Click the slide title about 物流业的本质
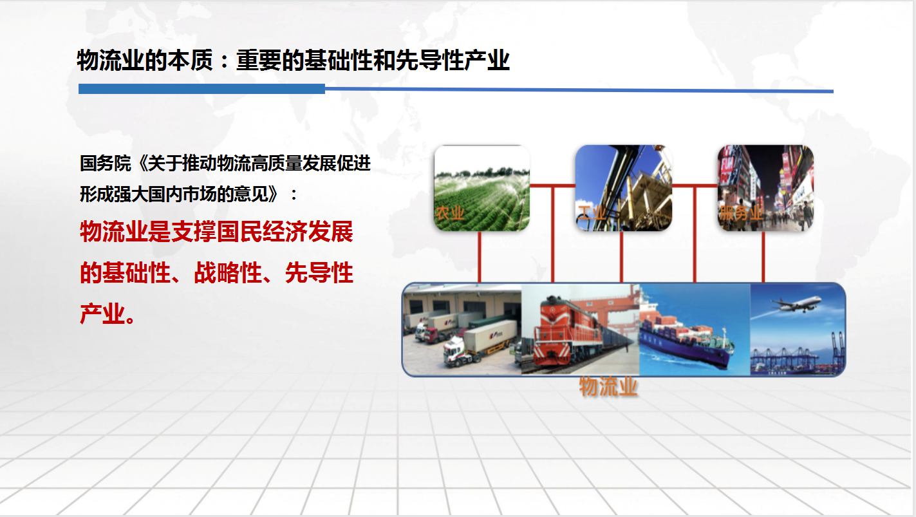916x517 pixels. click(293, 61)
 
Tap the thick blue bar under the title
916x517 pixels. click(201, 89)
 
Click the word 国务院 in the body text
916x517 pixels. click(106, 163)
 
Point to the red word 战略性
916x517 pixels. click(228, 273)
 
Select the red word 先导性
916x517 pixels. click(319, 273)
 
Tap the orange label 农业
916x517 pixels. click(450, 213)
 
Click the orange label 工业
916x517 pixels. click(592, 213)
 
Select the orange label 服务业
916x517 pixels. click(741, 213)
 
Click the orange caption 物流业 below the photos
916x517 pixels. click(608, 386)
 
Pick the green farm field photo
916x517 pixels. click(481, 188)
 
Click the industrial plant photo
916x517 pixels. click(624, 188)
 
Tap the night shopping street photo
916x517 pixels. click(765, 188)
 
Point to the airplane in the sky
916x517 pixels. click(796, 304)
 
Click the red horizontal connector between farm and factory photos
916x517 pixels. click(552, 186)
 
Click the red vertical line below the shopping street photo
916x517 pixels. click(763, 257)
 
